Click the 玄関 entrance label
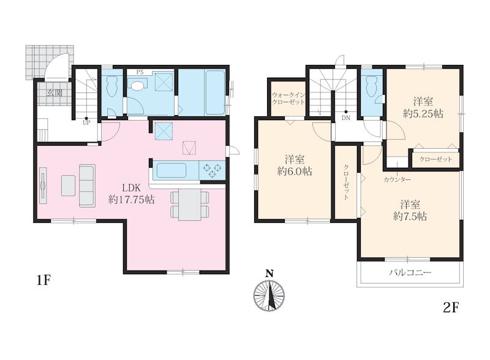tap(55, 93)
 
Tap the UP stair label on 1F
tap(86, 123)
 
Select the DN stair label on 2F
tap(346, 118)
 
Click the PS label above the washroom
tap(140, 72)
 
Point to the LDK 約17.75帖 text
tap(132, 193)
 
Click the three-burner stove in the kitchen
tap(212, 171)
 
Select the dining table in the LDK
tap(190, 204)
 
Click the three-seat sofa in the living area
tap(87, 186)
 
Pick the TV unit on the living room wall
tap(43, 186)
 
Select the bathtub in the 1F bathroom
tap(215, 92)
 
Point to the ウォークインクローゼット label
tap(288, 99)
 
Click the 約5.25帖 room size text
tap(423, 114)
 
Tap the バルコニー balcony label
tap(410, 273)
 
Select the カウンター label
tap(397, 179)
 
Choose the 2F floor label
tap(451, 308)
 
